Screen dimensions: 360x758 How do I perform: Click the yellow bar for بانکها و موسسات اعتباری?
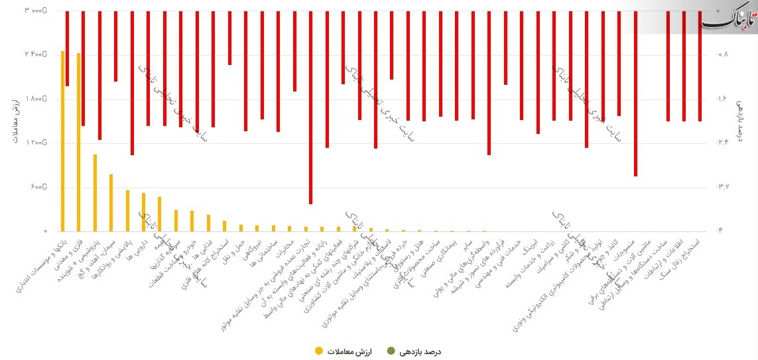pos(62,141)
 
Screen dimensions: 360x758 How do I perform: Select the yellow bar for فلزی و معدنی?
pos(79,142)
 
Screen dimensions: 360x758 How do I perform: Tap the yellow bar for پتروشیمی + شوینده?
pos(95,192)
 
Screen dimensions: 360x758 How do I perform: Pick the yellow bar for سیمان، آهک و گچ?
pos(111,202)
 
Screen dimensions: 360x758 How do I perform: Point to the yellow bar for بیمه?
pos(160,213)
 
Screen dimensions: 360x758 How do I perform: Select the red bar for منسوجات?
pos(635,93)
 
